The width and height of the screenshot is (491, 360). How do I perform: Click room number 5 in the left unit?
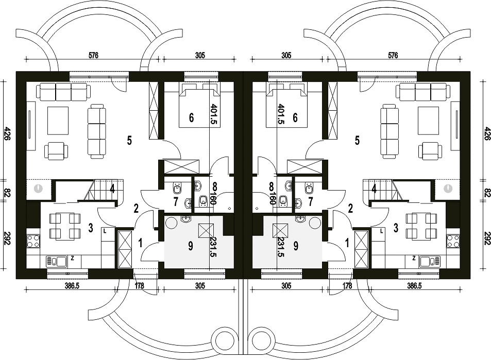129,141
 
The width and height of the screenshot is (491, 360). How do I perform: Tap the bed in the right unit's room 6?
286,107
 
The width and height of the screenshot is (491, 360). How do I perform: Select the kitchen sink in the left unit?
56,261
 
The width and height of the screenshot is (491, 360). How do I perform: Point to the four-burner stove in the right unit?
453,242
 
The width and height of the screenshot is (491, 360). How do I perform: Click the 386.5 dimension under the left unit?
72,285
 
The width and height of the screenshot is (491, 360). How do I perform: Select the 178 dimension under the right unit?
347,285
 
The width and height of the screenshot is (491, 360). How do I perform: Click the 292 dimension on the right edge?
486,238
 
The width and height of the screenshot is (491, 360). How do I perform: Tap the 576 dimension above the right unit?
393,56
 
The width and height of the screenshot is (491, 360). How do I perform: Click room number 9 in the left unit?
191,246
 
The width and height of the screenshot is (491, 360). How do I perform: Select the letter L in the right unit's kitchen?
381,231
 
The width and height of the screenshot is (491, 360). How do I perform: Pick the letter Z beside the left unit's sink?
72,258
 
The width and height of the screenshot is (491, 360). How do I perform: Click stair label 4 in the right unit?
374,189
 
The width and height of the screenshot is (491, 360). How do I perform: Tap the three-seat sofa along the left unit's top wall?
64,91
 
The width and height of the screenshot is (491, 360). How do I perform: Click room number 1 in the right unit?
347,242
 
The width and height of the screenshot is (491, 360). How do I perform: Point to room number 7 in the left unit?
176,201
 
